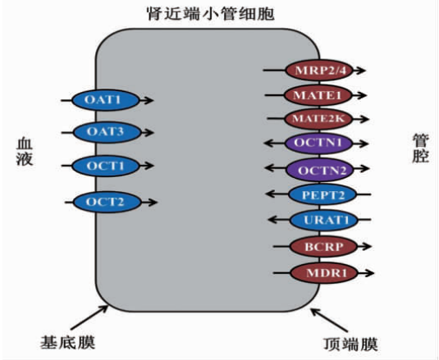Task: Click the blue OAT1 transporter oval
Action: pyautogui.click(x=104, y=100)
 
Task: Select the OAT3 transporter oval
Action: pyautogui.click(x=104, y=131)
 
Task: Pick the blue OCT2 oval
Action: pyautogui.click(x=104, y=200)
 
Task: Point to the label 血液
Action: pyautogui.click(x=24, y=152)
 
